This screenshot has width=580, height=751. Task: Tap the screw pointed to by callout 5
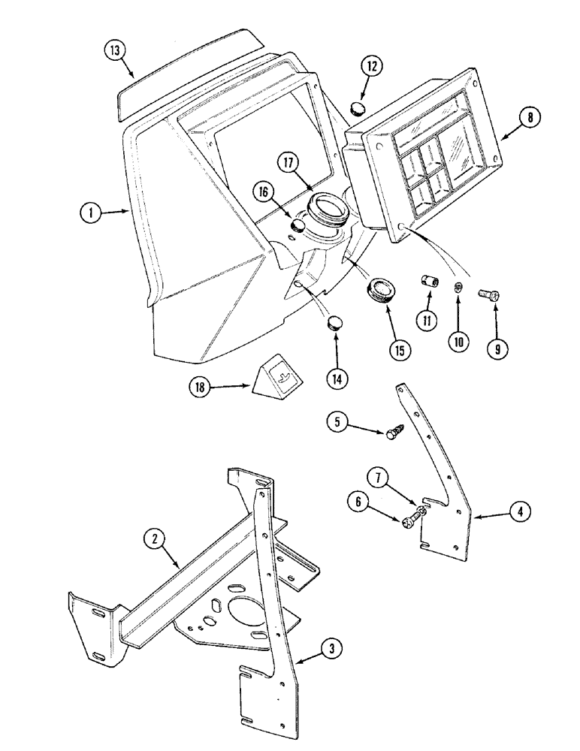pyautogui.click(x=393, y=433)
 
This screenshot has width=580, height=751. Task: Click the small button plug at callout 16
pyautogui.click(x=299, y=224)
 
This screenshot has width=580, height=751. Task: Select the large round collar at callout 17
pyautogui.click(x=326, y=207)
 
